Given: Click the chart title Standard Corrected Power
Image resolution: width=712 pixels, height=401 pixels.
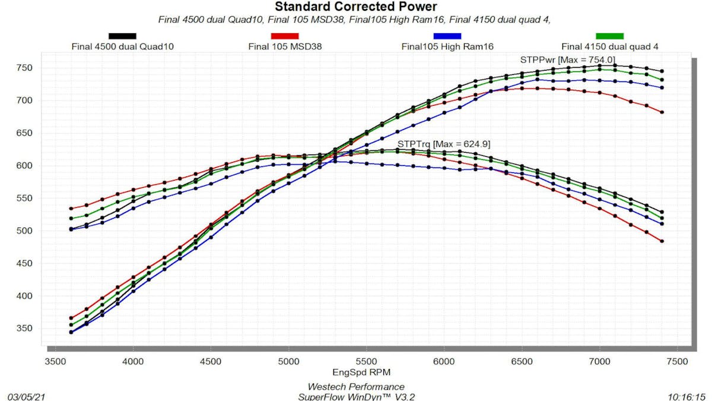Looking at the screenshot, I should tap(355, 7).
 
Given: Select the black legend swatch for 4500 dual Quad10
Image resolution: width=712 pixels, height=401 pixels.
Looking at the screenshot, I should tap(122, 36).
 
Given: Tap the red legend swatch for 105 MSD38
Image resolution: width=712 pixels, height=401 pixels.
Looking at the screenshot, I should tap(284, 36).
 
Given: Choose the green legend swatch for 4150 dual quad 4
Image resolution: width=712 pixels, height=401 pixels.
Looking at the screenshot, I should tap(609, 36).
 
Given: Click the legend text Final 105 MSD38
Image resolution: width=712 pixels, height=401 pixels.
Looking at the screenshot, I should tap(284, 46).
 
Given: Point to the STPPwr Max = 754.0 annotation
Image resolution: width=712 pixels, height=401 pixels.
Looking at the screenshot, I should tap(567, 59).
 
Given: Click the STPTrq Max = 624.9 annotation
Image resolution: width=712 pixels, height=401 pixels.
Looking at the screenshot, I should tap(443, 144).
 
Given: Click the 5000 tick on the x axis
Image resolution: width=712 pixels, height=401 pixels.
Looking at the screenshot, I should tap(288, 361).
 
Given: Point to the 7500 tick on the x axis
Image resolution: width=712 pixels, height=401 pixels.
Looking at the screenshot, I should tap(677, 361).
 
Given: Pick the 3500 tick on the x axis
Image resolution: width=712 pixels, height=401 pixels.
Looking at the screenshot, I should tap(55, 361).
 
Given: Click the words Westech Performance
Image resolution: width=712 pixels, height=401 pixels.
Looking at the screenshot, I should tap(355, 387).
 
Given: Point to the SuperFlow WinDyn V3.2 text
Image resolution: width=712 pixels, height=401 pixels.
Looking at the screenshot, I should tap(355, 396).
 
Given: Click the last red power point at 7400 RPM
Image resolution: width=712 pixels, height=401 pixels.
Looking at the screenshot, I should tap(662, 112).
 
